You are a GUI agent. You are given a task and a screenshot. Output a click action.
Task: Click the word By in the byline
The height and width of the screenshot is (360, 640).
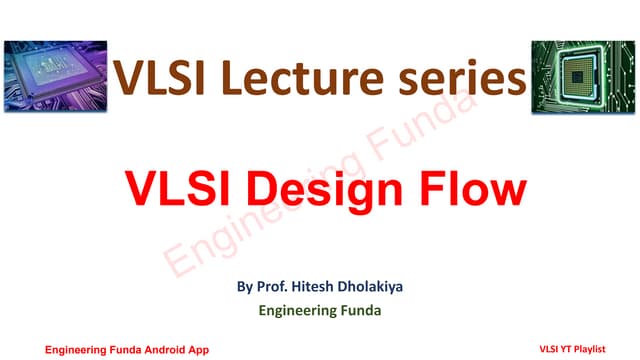coord(245,288)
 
